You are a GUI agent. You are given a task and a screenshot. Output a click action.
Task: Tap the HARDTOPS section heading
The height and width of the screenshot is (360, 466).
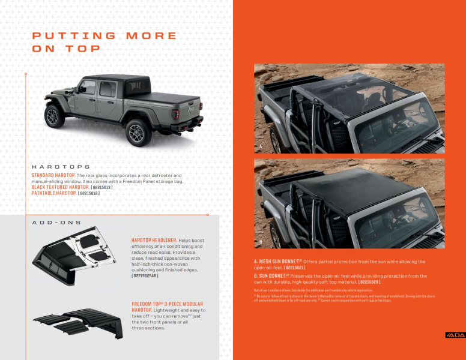pos(61,166)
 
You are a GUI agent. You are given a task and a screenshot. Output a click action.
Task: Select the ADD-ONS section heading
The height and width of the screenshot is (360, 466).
pos(56,223)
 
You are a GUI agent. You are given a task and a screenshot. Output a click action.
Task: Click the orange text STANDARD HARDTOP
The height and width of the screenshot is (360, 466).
pos(53,175)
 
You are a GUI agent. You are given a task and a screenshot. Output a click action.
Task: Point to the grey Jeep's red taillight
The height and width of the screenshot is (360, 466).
pos(176,113)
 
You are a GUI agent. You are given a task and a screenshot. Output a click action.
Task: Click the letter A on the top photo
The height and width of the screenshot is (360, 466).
pos(261,146)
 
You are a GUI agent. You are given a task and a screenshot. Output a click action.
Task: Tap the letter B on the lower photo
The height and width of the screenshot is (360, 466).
pos(261,242)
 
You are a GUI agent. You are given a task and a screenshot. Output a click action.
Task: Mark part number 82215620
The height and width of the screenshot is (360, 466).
pos(369,281)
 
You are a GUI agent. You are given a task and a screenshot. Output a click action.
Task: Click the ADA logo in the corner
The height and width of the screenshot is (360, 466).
pos(455,334)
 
